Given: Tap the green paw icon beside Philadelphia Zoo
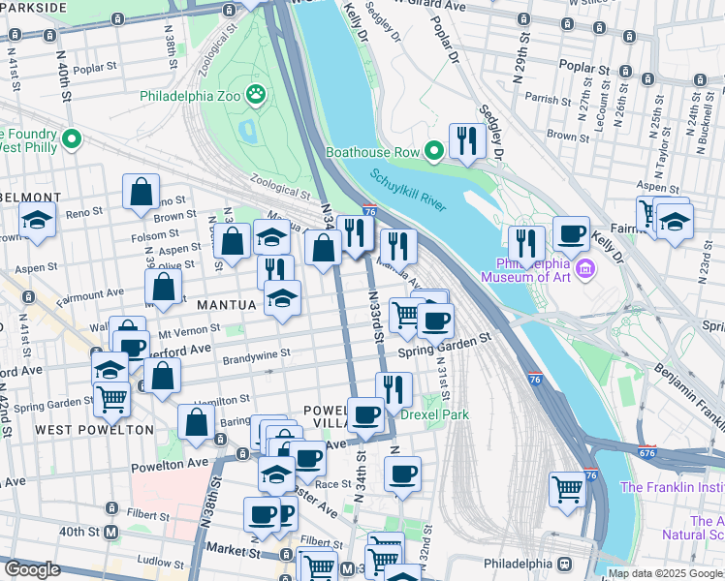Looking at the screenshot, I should click(x=256, y=95).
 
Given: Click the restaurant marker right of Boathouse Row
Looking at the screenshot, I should click(x=466, y=141).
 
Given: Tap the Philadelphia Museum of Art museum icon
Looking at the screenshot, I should click(x=583, y=267).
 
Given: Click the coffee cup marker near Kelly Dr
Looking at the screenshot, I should click(x=572, y=233).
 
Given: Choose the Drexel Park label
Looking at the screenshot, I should click(x=436, y=414).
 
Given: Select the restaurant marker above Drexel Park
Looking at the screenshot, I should click(x=394, y=389).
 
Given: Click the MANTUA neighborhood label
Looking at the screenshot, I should click(x=227, y=305).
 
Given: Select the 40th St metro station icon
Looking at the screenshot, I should click(x=111, y=532).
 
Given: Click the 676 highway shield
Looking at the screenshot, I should click(x=647, y=452).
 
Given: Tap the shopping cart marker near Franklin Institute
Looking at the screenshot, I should click(x=567, y=488).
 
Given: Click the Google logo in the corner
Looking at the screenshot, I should click(x=32, y=569).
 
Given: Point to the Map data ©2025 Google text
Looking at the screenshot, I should click(x=665, y=573).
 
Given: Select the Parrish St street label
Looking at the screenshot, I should click(x=544, y=99).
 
